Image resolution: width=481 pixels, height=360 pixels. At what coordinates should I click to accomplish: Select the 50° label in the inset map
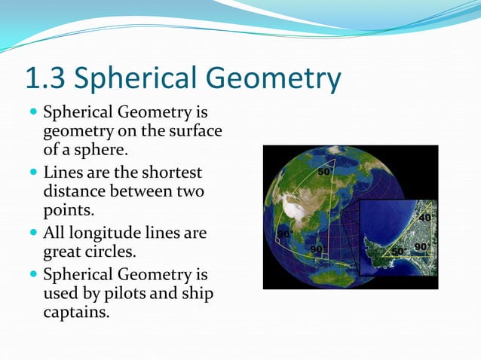pos(399,249)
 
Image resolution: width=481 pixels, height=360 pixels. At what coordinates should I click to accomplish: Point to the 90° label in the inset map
pos(422,247)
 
